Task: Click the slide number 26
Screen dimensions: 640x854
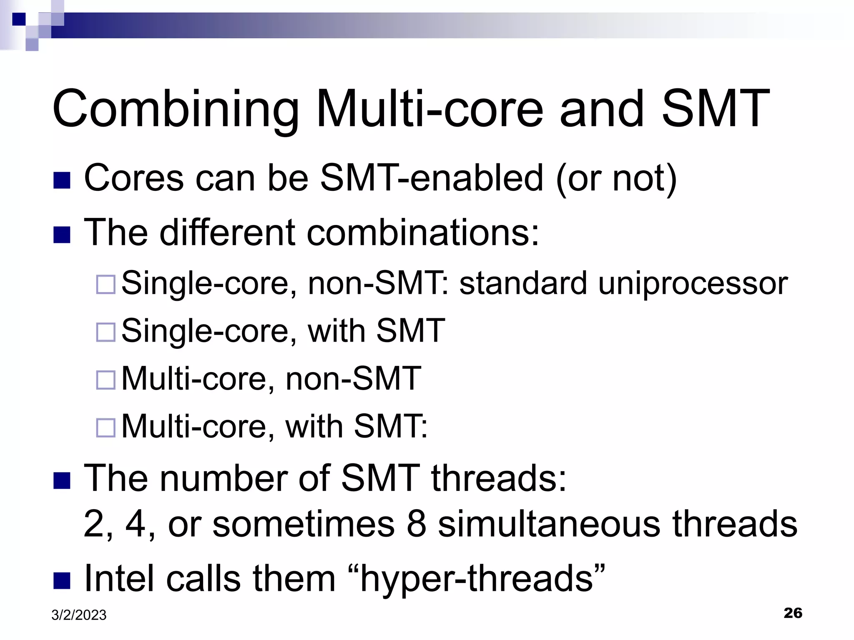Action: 793,613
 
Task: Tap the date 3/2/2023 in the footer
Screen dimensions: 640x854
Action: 79,615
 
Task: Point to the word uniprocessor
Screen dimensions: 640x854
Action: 693,284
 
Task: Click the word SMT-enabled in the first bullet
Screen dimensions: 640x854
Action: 432,178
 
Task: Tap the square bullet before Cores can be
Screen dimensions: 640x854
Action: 62,180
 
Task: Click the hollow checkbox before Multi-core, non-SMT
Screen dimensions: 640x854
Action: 105,380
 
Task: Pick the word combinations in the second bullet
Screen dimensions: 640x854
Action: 422,232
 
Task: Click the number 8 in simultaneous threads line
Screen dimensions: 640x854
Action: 416,524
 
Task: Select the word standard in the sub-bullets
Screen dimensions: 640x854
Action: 523,283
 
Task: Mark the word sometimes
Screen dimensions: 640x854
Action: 303,524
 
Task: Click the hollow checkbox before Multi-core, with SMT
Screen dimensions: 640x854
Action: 105,427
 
